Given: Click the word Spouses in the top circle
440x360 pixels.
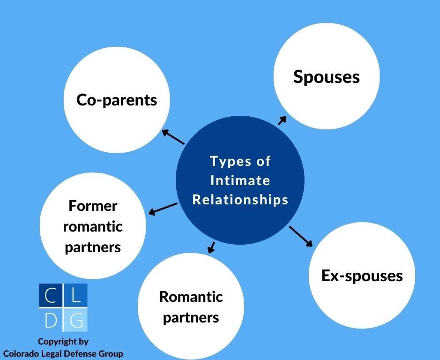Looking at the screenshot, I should point(326,76).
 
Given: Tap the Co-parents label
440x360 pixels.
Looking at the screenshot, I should point(117,100).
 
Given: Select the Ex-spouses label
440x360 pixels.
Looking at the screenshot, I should point(362,275).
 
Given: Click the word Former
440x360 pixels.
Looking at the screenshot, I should point(93,205).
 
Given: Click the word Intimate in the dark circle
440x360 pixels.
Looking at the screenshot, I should point(240,180).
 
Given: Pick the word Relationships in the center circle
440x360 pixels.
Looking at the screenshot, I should point(240,200).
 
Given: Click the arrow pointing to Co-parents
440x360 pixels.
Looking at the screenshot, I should point(173,137).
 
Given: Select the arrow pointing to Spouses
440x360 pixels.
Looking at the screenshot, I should point(282,121).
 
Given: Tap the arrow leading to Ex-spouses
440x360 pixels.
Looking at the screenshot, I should point(300,236).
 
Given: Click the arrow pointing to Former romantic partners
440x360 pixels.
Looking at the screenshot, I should point(163,209).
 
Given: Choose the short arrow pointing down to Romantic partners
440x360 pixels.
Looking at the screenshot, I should point(211,247).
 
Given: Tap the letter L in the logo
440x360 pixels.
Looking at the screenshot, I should point(76,295).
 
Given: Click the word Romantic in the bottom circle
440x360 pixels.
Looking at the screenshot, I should point(191,297).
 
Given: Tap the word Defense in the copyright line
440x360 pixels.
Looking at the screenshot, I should point(83,353).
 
